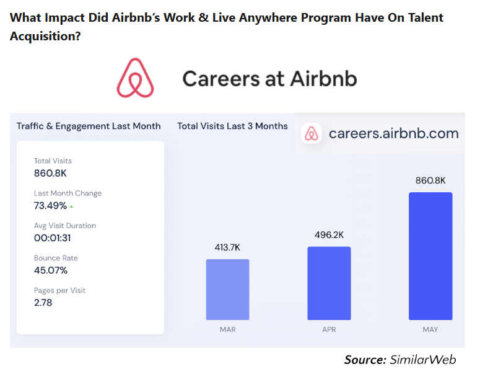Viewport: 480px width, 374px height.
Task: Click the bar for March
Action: pos(227,288)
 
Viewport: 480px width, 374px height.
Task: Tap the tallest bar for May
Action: pos(430,255)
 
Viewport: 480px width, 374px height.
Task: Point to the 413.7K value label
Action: pos(227,247)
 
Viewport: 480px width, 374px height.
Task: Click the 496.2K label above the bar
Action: pos(329,234)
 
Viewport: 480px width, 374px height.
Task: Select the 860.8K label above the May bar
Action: pos(430,180)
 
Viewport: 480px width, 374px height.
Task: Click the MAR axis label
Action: pos(227,329)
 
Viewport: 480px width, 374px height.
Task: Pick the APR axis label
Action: pos(329,329)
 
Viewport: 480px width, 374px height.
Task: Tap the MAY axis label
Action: pos(430,329)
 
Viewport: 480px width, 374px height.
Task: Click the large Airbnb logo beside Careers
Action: pos(135,78)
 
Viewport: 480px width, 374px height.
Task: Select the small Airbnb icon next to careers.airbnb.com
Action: pos(311,133)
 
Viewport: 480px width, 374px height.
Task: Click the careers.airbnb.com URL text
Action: pos(393,133)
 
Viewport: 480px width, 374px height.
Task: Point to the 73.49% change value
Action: pos(50,206)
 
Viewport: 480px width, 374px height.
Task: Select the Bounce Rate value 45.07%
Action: pos(50,270)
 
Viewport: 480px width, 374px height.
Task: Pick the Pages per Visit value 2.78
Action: pos(43,303)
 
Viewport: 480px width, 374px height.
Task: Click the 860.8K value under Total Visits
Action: pos(50,173)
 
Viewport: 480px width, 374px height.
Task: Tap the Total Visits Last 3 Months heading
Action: pos(232,126)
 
